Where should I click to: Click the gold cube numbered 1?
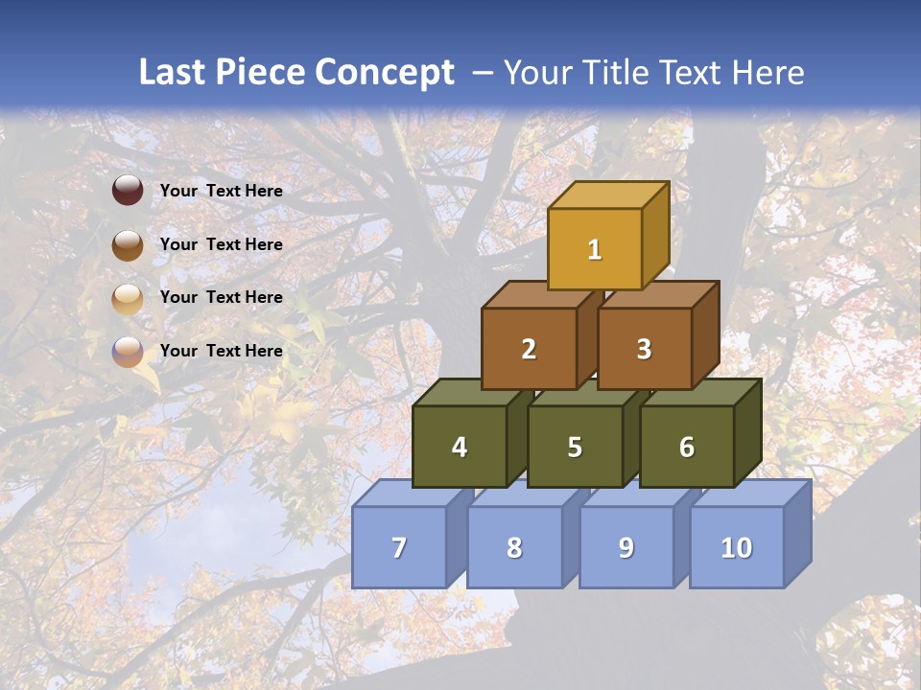(x=595, y=249)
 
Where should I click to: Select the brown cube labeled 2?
(x=529, y=349)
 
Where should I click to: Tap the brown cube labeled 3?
(x=644, y=349)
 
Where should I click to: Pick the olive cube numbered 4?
(x=460, y=447)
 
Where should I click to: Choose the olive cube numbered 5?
(x=575, y=447)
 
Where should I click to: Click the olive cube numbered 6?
(x=687, y=447)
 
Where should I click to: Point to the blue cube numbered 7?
(x=399, y=547)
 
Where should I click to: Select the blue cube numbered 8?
(x=514, y=547)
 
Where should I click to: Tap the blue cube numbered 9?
(x=626, y=547)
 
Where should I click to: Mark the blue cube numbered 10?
(x=737, y=547)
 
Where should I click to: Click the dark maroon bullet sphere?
(x=128, y=191)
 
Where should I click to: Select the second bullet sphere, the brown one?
(x=128, y=244)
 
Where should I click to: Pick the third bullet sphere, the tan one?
(x=128, y=298)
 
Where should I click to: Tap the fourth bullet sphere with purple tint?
(x=128, y=351)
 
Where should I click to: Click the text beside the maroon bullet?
(x=222, y=191)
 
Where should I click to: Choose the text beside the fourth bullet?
(x=222, y=351)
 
